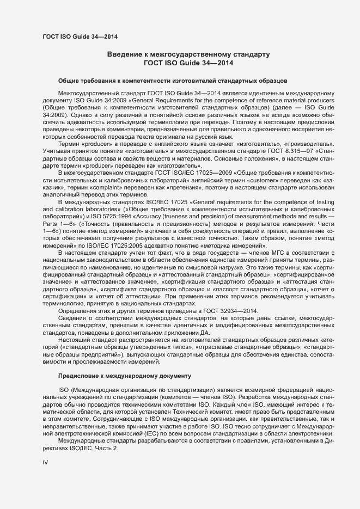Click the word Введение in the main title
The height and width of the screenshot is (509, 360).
[x=125, y=55]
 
